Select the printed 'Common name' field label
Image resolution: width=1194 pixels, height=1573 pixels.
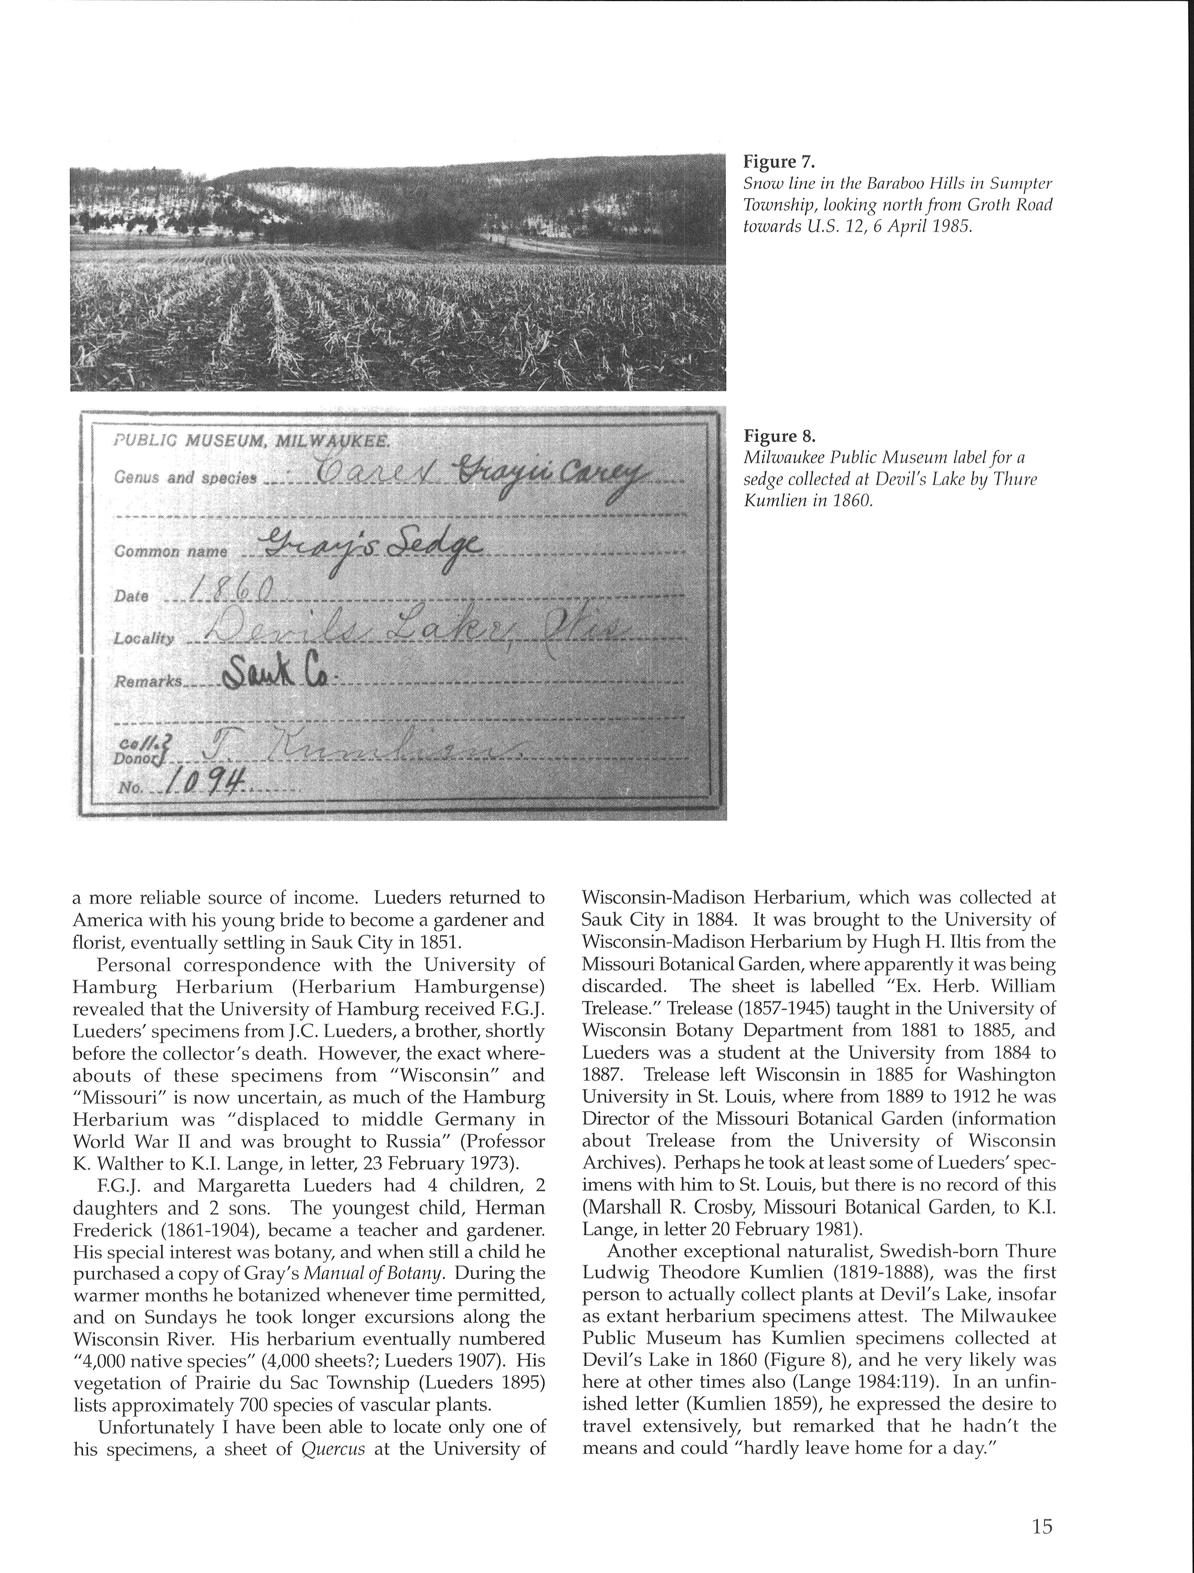171,551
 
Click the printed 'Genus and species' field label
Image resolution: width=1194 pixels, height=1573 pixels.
185,477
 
